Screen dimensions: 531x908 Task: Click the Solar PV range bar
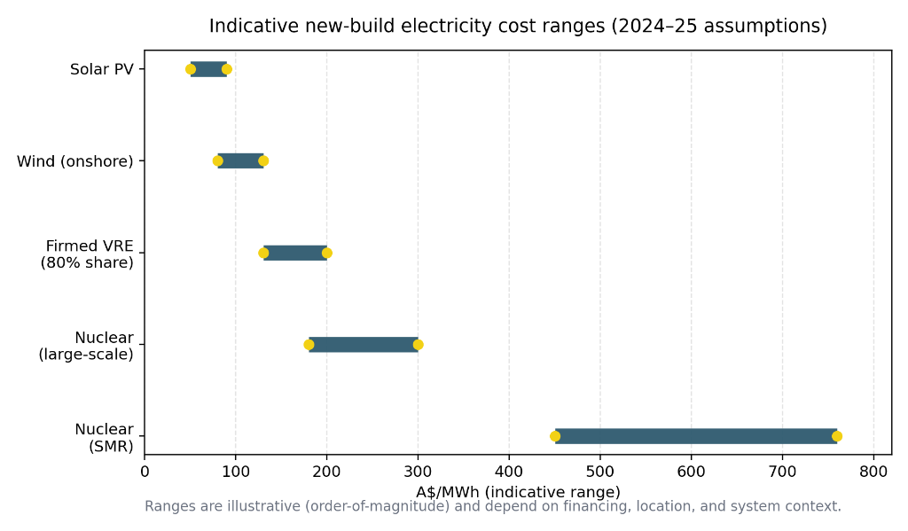(208, 69)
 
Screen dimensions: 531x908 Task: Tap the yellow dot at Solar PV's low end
(191, 69)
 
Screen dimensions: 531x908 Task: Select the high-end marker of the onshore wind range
(263, 160)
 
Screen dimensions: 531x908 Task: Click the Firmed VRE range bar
(295, 253)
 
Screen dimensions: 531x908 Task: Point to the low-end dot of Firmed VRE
(263, 253)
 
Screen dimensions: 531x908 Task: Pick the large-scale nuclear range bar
(364, 344)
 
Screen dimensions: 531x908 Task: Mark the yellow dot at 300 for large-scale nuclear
(418, 344)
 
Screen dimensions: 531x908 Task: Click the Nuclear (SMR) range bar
(696, 435)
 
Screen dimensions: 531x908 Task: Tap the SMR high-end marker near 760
(837, 435)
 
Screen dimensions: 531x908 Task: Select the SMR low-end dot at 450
(555, 435)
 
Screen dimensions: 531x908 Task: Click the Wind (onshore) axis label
(75, 161)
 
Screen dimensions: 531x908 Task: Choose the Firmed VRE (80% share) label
(87, 254)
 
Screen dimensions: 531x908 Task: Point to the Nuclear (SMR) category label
(104, 437)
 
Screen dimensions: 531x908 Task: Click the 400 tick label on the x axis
(509, 472)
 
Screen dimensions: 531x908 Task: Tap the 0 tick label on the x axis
(145, 472)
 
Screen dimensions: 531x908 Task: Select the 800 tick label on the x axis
(873, 472)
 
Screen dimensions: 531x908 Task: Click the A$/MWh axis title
(518, 491)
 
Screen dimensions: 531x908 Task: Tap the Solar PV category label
(101, 69)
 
